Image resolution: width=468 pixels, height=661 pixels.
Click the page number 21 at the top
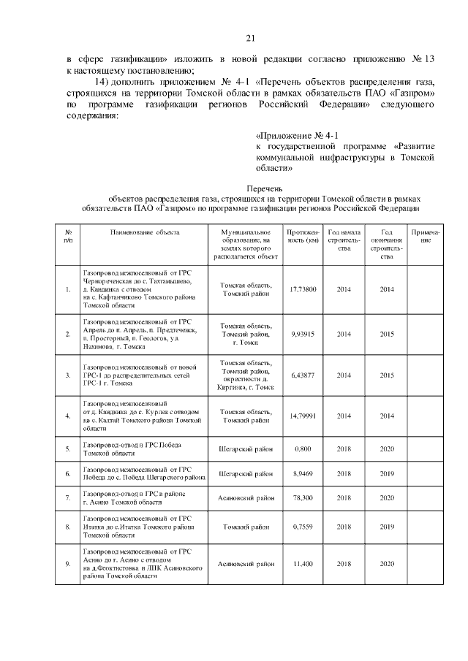tap(249, 39)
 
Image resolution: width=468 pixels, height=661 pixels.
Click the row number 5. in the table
tap(68, 448)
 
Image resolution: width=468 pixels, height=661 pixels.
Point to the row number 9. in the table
tap(68, 563)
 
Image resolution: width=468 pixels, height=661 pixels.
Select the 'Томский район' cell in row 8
tap(247, 525)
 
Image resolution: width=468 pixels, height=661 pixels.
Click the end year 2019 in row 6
tap(387, 473)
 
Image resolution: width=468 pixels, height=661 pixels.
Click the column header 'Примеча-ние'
tap(423, 235)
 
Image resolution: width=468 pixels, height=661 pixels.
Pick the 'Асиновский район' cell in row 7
tap(247, 499)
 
